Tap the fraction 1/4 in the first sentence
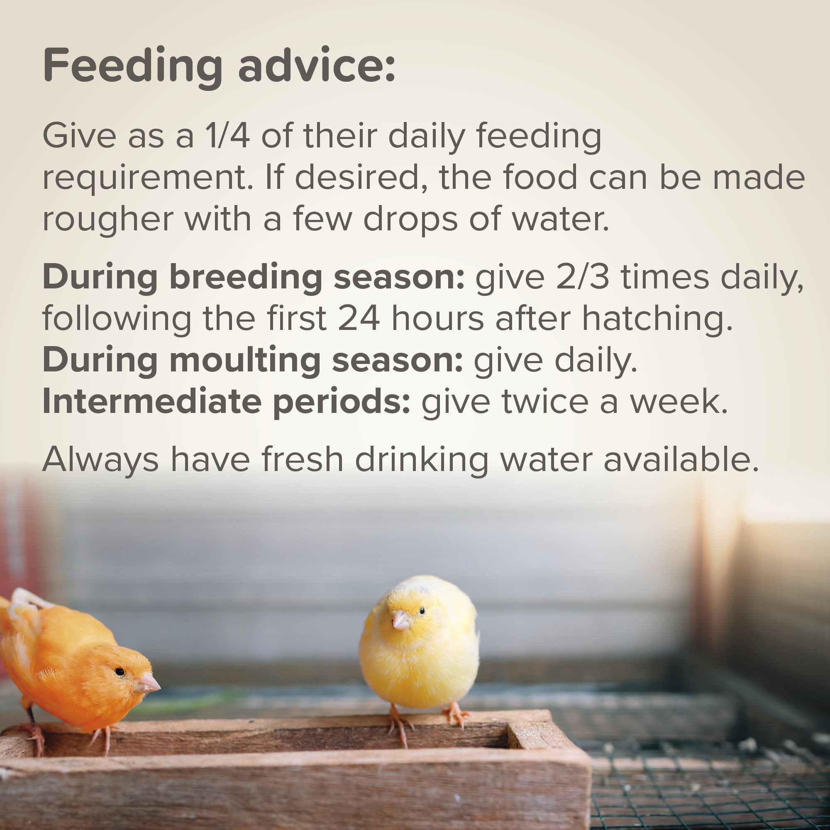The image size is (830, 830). tap(228, 135)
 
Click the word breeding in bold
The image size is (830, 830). tap(246, 278)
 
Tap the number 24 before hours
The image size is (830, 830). tap(359, 319)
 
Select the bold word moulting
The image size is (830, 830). tap(245, 361)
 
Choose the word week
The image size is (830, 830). tap(679, 402)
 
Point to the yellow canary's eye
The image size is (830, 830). tap(422, 610)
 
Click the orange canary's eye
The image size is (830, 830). tap(120, 671)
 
